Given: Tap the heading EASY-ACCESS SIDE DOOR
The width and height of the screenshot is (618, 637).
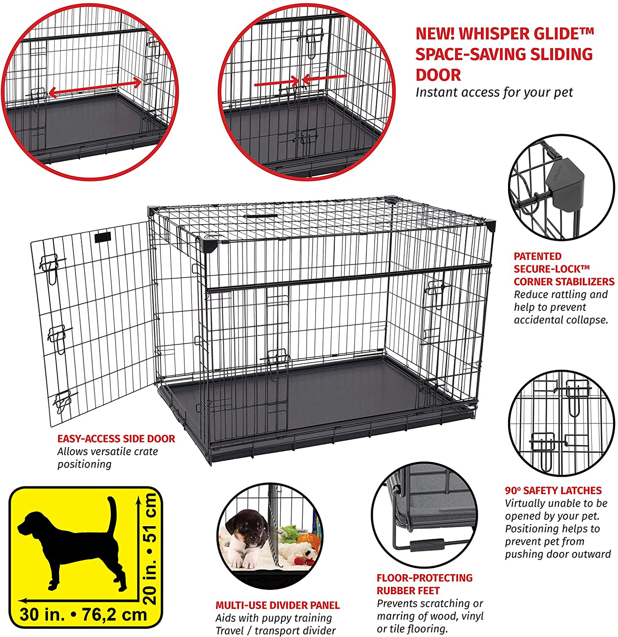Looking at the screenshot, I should point(116,439).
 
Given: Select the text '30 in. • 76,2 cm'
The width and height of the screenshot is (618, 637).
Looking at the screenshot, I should point(83,615).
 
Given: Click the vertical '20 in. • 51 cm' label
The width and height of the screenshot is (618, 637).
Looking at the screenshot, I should point(150,548).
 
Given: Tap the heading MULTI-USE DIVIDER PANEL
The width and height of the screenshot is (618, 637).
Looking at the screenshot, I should point(278,605).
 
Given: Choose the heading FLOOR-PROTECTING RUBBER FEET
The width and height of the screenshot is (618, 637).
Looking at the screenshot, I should point(424,584).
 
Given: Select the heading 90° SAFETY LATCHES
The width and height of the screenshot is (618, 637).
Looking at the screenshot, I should point(553,491).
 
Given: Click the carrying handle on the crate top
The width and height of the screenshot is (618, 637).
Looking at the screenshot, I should point(261,216).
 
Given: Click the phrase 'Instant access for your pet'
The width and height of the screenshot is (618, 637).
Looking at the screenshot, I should point(494,93).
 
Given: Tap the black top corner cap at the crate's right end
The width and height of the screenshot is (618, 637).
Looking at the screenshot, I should point(490,225).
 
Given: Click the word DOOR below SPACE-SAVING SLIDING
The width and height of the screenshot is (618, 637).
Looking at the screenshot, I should point(438,75).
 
